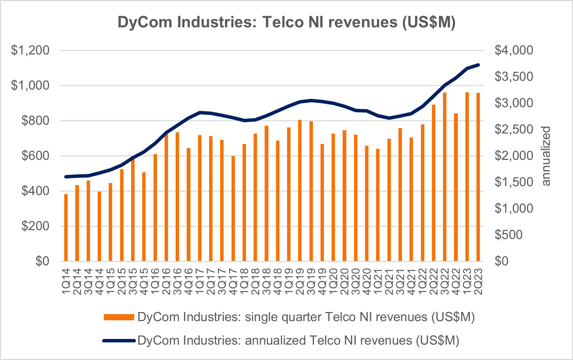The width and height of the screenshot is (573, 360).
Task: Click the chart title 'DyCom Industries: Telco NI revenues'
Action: click(286, 22)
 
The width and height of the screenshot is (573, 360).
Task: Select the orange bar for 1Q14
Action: click(66, 228)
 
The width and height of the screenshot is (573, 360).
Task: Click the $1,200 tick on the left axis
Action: click(30, 51)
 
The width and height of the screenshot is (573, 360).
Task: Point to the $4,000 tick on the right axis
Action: click(514, 51)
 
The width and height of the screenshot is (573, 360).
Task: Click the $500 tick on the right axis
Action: click(509, 235)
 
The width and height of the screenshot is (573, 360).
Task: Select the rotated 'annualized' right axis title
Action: click(546, 156)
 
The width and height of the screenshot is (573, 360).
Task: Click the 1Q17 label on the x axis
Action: click(199, 282)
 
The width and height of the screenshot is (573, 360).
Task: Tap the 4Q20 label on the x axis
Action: click(367, 282)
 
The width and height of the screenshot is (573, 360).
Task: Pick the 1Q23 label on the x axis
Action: click(467, 282)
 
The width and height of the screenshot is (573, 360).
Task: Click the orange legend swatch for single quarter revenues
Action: click(119, 317)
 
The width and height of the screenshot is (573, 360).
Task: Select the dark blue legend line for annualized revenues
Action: click(119, 341)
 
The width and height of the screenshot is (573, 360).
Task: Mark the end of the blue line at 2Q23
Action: click(478, 65)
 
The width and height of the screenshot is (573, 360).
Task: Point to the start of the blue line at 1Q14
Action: click(66, 177)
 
